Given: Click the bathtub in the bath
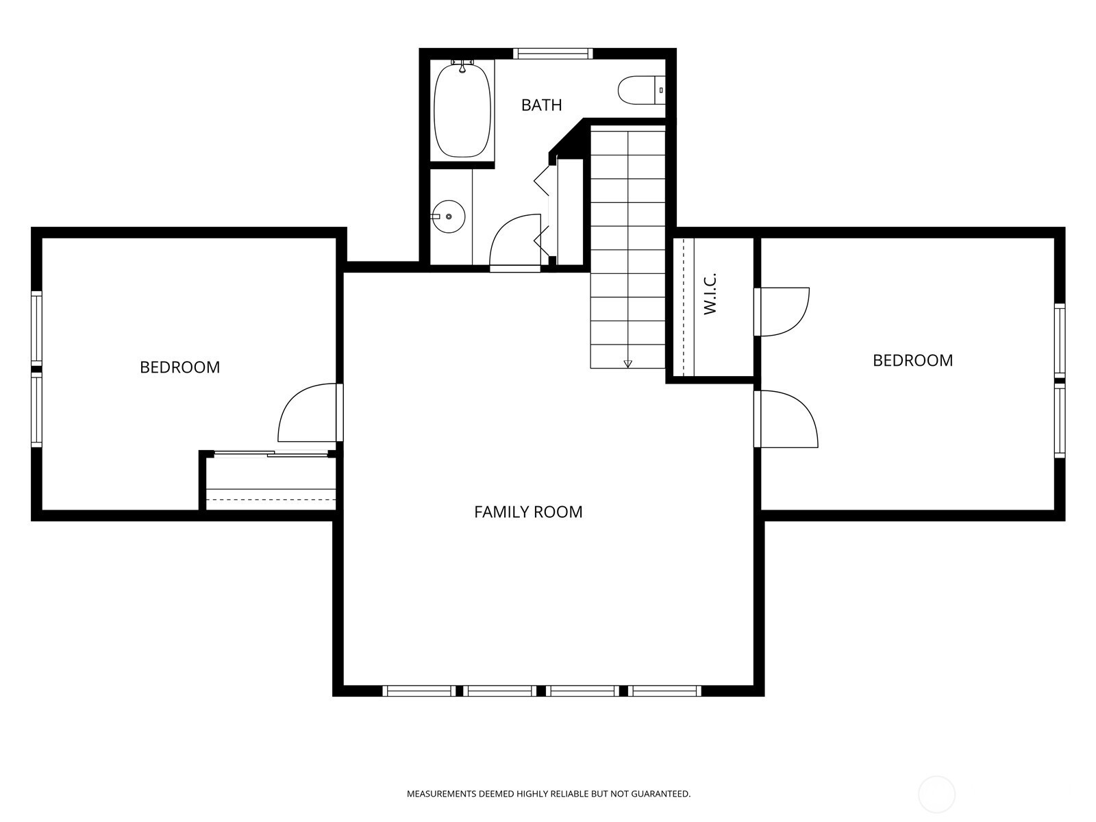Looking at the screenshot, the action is pyautogui.click(x=462, y=110).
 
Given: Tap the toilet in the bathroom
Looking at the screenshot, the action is pyautogui.click(x=642, y=90).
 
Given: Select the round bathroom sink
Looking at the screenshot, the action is pyautogui.click(x=449, y=216).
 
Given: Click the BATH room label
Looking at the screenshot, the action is pyautogui.click(x=541, y=105).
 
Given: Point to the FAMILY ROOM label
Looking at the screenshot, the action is pyautogui.click(x=528, y=512).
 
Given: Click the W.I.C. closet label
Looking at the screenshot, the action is pyautogui.click(x=710, y=293).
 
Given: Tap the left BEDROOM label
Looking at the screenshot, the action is pyautogui.click(x=179, y=367).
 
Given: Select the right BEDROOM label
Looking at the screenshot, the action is pyautogui.click(x=912, y=360).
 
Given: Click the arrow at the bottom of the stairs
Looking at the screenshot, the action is pyautogui.click(x=627, y=364).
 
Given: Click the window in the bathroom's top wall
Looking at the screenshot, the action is pyautogui.click(x=553, y=53).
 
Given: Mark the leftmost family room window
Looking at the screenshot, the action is pyautogui.click(x=419, y=690).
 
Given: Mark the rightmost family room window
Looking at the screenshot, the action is pyautogui.click(x=664, y=690).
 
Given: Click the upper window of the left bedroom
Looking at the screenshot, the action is pyautogui.click(x=36, y=328).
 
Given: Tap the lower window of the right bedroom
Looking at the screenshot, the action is pyautogui.click(x=1060, y=420).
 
